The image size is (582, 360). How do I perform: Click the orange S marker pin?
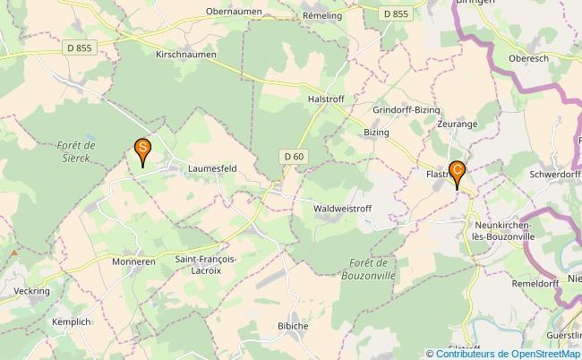141,150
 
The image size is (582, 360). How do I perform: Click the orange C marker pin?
457,170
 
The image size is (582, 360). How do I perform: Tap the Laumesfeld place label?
212,167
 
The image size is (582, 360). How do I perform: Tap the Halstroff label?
326,99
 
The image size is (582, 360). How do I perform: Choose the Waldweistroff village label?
343,208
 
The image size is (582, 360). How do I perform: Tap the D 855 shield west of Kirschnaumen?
79,47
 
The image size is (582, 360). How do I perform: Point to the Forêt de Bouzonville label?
369,270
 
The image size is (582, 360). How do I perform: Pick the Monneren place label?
134,262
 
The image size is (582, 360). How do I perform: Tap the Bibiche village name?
293,325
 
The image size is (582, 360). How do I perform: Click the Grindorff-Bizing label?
407,109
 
